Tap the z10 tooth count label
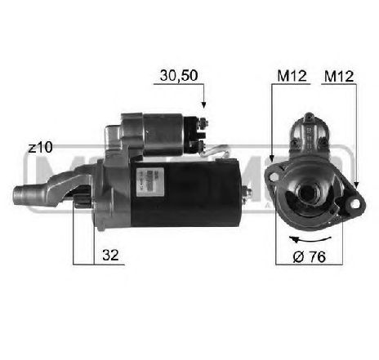[x=39, y=147]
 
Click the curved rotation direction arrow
[x=310, y=238]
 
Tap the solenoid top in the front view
[x=311, y=126]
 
